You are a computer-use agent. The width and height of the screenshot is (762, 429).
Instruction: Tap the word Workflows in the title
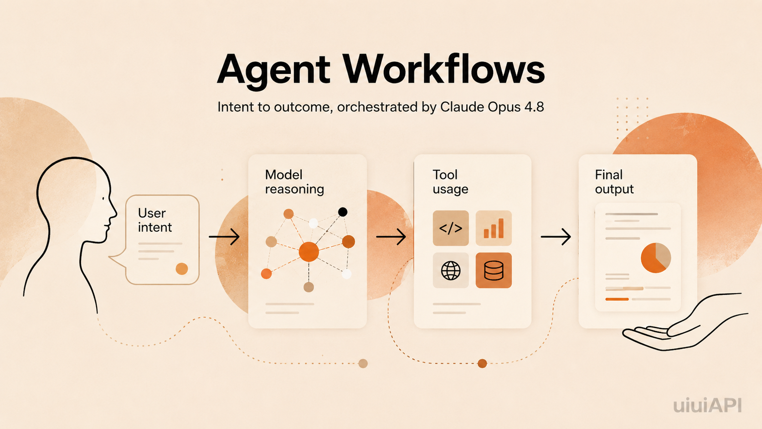(x=443, y=69)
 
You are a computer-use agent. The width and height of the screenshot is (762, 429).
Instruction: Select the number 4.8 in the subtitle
(x=534, y=107)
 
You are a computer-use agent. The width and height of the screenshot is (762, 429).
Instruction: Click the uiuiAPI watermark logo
(x=707, y=405)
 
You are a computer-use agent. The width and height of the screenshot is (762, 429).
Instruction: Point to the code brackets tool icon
(x=451, y=228)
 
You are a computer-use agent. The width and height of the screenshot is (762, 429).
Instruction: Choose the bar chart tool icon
(x=494, y=228)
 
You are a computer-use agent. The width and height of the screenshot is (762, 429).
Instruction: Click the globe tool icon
(x=451, y=270)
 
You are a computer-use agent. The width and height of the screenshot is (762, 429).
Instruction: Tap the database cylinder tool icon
(x=494, y=270)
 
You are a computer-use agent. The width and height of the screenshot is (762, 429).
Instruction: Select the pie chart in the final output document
(x=656, y=258)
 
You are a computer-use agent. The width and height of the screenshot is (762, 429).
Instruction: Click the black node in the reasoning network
(x=343, y=212)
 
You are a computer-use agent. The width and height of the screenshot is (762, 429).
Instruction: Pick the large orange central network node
(x=309, y=252)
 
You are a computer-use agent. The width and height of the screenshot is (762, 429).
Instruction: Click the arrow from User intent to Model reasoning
(x=224, y=237)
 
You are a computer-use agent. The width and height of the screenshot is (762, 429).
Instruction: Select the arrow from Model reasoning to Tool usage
(x=391, y=237)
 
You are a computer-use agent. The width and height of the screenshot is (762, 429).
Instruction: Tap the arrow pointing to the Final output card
(x=556, y=237)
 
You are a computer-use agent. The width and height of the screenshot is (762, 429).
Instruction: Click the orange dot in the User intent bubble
(x=182, y=269)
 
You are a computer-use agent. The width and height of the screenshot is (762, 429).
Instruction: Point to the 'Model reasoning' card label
(x=294, y=182)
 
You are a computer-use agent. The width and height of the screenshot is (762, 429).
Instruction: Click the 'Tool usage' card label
(x=450, y=182)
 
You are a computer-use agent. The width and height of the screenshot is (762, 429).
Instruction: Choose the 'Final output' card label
(x=614, y=182)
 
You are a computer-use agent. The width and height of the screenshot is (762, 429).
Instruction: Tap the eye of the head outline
(x=103, y=198)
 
